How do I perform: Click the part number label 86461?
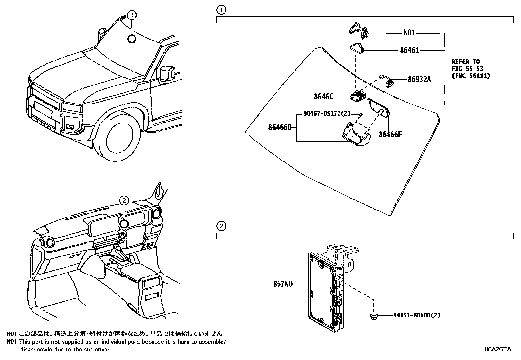(x=409, y=50)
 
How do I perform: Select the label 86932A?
(x=419, y=79)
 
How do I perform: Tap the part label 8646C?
(x=323, y=97)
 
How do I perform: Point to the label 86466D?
(x=280, y=127)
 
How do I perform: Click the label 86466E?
(x=390, y=134)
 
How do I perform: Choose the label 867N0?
(x=282, y=284)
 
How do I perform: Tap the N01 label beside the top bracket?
(x=409, y=33)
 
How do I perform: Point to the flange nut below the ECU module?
(x=373, y=316)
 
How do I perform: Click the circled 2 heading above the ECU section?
(x=221, y=226)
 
